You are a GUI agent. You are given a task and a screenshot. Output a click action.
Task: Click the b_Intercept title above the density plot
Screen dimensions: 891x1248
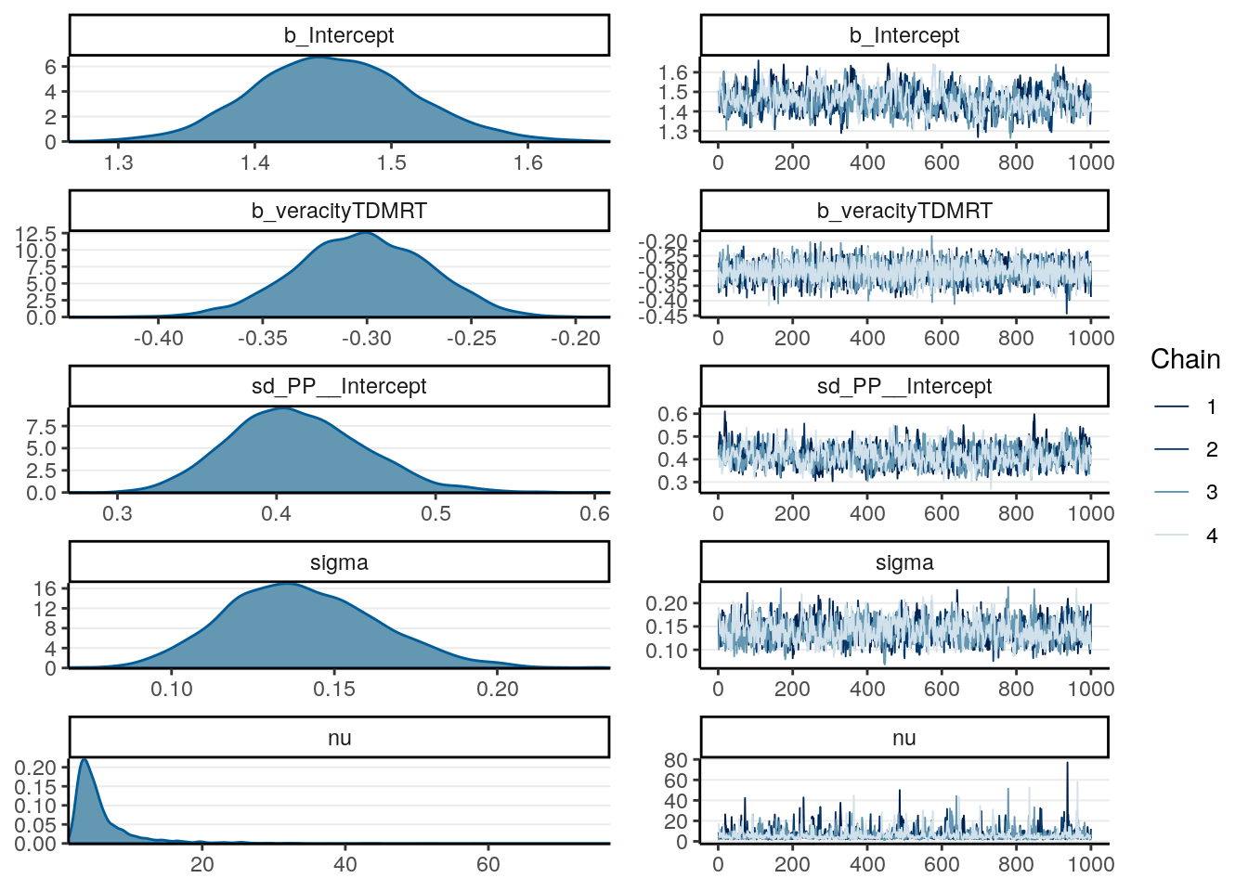point(339,35)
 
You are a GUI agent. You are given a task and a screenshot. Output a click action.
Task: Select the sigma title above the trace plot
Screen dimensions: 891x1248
point(903,562)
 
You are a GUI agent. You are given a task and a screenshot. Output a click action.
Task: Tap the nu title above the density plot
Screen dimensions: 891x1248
point(339,738)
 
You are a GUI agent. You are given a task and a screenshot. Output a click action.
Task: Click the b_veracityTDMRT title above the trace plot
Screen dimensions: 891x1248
point(903,211)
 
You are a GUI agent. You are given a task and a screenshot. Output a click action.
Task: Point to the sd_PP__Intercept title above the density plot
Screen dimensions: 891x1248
point(339,386)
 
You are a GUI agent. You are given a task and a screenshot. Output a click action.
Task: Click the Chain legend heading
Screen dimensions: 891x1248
point(1185,360)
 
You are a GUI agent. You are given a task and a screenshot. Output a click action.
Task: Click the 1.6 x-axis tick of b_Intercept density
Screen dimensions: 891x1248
point(527,163)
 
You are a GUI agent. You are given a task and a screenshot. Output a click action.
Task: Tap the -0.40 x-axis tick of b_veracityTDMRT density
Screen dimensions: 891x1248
point(159,339)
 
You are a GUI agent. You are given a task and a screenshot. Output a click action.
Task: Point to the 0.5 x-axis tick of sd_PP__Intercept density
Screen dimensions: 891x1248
point(435,514)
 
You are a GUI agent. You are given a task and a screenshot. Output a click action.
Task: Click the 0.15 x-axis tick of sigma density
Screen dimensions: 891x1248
point(334,690)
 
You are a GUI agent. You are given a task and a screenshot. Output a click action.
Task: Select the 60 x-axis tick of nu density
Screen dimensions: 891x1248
point(487,865)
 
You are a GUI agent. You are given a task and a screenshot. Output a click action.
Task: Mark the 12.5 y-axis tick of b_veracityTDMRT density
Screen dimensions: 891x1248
point(35,233)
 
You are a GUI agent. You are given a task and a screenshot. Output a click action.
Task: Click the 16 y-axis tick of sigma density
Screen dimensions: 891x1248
point(47,588)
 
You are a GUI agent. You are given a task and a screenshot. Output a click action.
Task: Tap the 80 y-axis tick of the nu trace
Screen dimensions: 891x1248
point(676,760)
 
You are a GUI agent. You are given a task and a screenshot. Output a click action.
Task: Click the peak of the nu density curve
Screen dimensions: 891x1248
point(84,759)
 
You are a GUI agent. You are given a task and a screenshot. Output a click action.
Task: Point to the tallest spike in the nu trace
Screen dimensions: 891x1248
point(1067,763)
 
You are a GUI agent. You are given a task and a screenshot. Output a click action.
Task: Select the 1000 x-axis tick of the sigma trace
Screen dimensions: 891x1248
point(1090,690)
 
